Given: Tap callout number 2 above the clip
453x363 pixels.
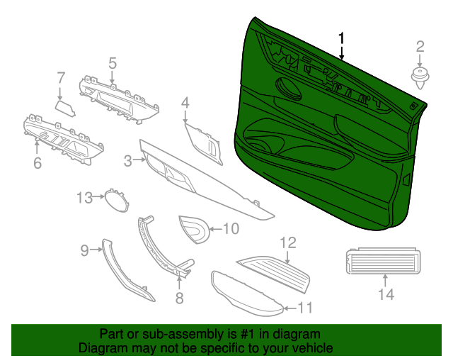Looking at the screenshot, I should pos(420,48).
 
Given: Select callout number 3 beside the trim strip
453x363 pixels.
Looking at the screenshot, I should pos(128,162).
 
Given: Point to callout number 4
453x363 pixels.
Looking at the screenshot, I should pos(185,104).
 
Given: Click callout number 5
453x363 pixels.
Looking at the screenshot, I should pos(113,63).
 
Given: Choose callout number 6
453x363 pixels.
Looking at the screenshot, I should pos(38,163).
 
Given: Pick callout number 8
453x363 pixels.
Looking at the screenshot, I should pos(179,298).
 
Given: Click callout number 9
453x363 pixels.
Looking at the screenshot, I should pos(84,250).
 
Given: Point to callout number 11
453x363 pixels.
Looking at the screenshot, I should pos(304,308).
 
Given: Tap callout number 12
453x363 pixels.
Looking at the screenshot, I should pos(287,242).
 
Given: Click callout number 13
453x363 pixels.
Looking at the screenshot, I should pos(85,198).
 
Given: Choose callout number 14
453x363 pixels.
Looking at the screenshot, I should pos(385,294).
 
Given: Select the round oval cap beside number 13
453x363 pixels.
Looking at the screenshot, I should pos(114,199).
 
